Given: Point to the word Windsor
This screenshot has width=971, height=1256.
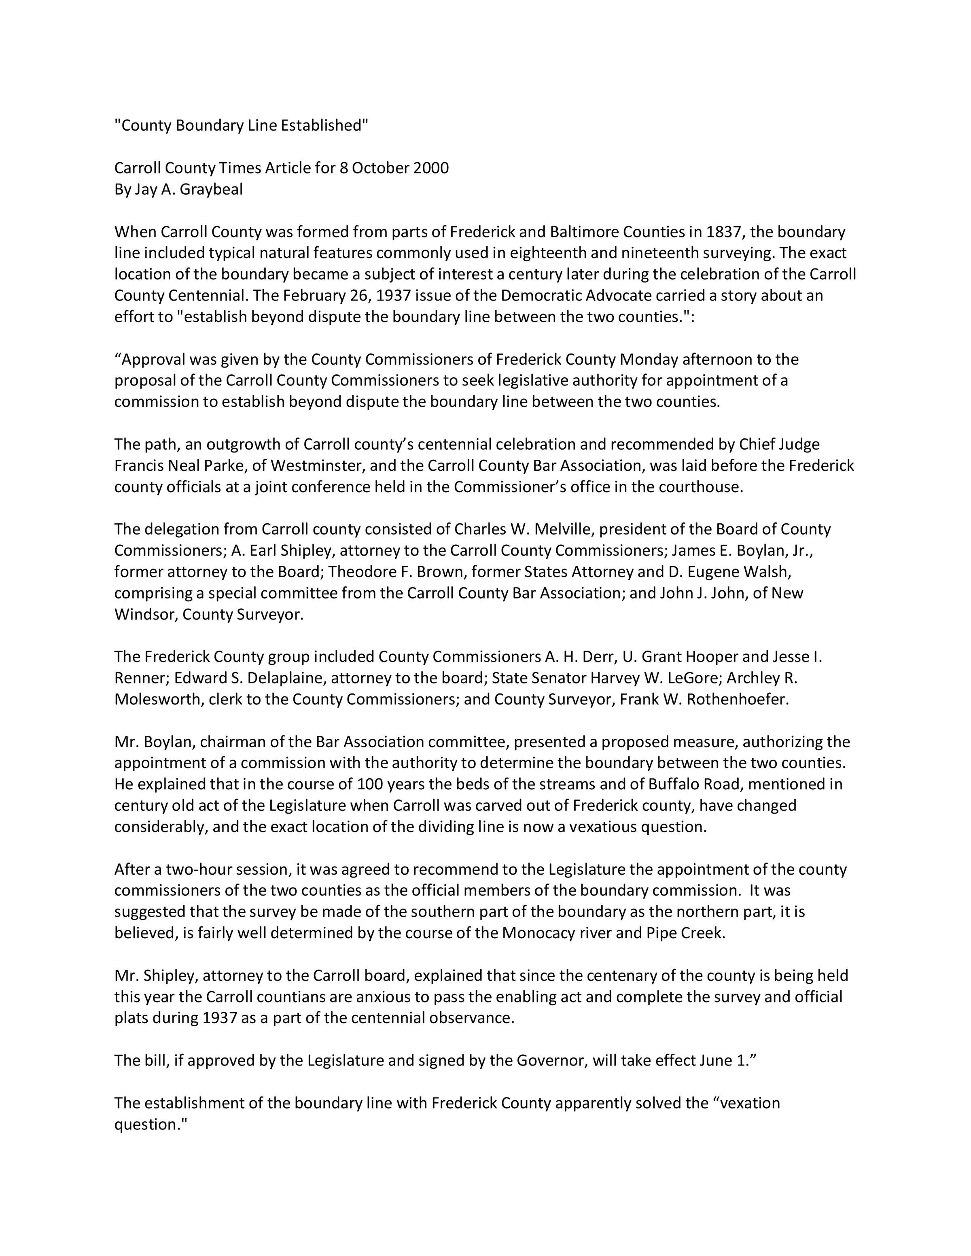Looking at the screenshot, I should coord(146,614).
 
